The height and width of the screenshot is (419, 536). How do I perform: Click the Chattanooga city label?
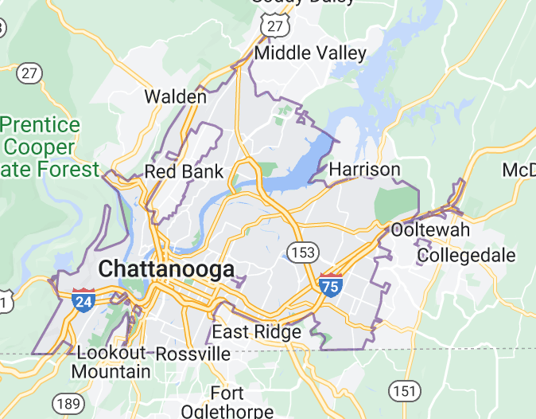click(x=167, y=269)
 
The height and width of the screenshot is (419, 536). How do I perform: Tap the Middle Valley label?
click(x=310, y=53)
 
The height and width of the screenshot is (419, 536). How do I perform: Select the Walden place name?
click(x=175, y=96)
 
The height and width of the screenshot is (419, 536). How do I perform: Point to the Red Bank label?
click(x=184, y=171)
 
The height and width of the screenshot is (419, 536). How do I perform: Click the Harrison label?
click(x=364, y=169)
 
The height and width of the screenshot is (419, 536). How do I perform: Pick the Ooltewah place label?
click(x=430, y=230)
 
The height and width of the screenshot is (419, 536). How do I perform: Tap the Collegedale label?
click(x=466, y=256)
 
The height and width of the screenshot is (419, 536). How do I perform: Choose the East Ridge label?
click(x=256, y=331)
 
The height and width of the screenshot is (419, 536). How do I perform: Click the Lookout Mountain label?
click(x=111, y=362)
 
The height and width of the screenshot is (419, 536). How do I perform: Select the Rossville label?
click(x=192, y=353)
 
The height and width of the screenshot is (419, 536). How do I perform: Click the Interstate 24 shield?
click(x=83, y=300)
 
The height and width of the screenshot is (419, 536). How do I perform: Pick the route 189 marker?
click(x=66, y=401)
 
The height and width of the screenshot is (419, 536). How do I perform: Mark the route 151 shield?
click(x=405, y=390)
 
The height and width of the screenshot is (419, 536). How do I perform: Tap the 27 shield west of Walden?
click(x=29, y=73)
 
